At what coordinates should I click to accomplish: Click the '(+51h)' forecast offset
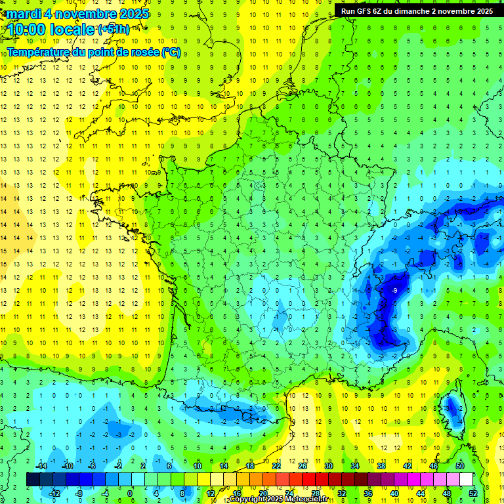(x=114, y=30)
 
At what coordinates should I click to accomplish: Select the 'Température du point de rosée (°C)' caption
(x=94, y=52)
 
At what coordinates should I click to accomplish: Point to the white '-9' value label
(x=394, y=290)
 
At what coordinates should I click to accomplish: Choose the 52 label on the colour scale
(x=473, y=493)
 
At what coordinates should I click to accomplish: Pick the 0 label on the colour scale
(x=129, y=493)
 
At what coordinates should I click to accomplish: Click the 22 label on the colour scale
(x=276, y=466)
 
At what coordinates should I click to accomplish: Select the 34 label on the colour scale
(x=355, y=466)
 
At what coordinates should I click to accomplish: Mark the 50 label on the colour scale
(x=460, y=466)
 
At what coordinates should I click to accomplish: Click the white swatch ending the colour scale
(x=467, y=480)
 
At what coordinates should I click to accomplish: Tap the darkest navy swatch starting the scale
(x=33, y=480)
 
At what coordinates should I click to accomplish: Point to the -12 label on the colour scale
(x=54, y=493)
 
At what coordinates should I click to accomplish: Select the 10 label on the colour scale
(x=198, y=466)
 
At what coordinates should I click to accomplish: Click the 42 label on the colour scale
(x=408, y=466)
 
